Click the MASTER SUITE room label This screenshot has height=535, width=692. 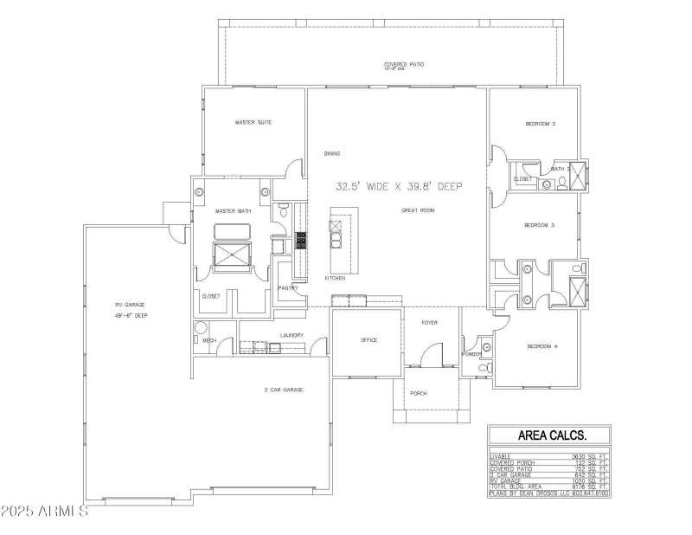253,123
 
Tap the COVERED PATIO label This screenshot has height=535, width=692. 404,64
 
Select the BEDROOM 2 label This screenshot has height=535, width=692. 540,124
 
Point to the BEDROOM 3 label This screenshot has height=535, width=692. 539,225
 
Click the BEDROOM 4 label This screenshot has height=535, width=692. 542,346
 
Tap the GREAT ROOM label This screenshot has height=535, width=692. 417,210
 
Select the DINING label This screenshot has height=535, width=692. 332,153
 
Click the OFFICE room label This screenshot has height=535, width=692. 369,340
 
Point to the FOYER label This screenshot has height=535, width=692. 429,322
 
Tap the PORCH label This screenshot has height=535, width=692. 419,393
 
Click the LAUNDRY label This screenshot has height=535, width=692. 290,335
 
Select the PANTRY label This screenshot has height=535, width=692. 288,288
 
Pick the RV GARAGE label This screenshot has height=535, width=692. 131,305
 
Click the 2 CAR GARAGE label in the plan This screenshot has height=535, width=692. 284,390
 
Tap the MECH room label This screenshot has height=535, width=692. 208,340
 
